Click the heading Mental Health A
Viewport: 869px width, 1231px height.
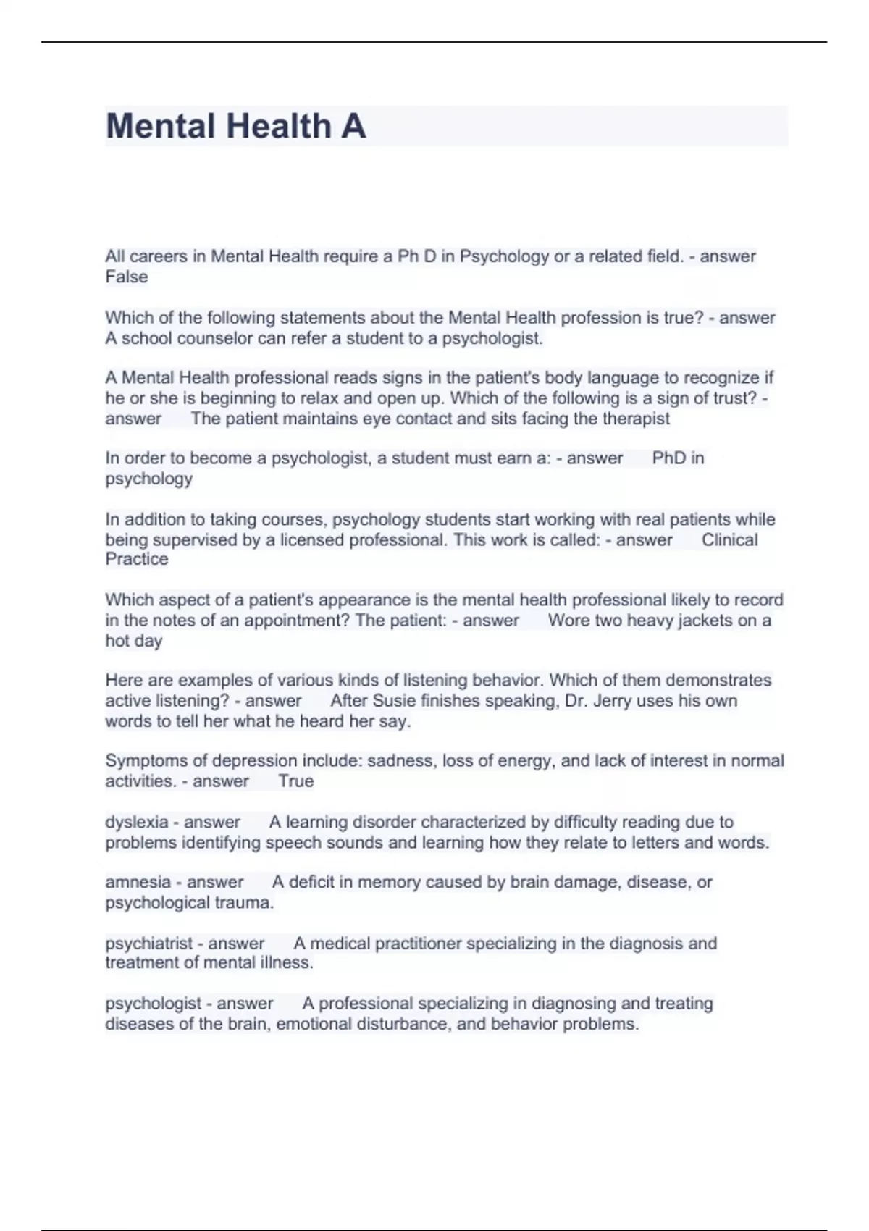(235, 126)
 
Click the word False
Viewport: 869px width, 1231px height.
(127, 277)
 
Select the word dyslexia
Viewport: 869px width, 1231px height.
(137, 822)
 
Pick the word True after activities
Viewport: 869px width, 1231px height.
(296, 781)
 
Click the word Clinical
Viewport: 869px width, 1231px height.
(729, 539)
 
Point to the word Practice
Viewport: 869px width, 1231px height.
(137, 559)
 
